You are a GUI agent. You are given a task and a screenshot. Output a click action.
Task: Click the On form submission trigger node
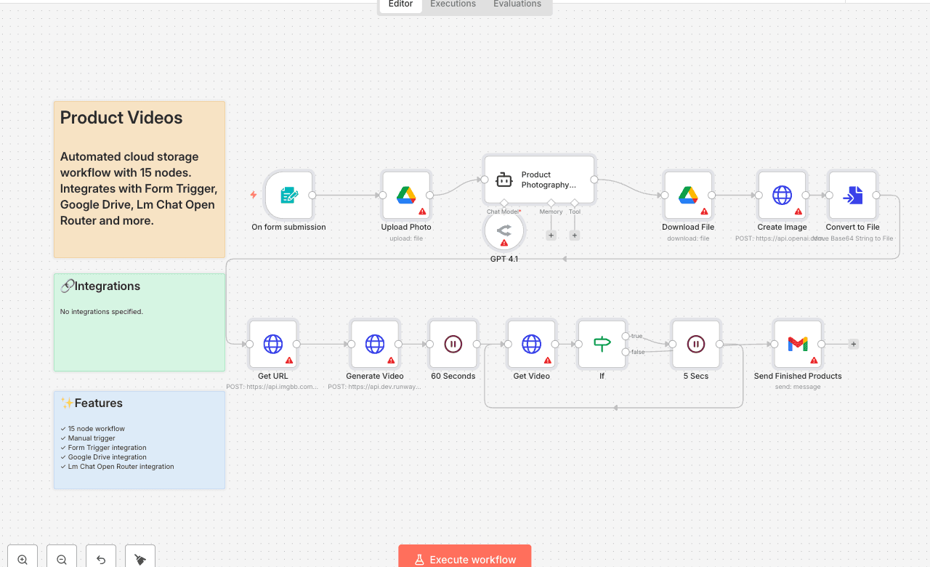tap(288, 196)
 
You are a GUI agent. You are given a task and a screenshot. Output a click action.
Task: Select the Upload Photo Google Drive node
tap(406, 196)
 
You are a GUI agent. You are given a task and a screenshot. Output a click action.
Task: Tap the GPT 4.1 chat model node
tap(504, 231)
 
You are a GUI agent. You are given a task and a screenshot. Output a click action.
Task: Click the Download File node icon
tap(688, 196)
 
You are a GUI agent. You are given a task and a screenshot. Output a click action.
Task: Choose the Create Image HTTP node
tap(782, 196)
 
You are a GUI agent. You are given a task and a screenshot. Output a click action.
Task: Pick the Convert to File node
tap(852, 196)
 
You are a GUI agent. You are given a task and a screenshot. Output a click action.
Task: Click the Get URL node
tap(273, 344)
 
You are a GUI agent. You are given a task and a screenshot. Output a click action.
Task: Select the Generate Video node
tap(375, 344)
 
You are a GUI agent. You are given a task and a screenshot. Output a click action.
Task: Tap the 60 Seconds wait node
tap(453, 344)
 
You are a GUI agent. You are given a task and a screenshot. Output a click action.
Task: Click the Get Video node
tap(531, 344)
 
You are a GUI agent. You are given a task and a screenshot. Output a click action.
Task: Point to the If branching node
tap(602, 344)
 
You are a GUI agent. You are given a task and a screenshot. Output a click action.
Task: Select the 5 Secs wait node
tap(696, 344)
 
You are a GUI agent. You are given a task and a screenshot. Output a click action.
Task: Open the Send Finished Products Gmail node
tap(798, 344)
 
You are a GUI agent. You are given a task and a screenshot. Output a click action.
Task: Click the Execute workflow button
tap(465, 559)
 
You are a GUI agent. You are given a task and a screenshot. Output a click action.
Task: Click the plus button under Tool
tap(575, 236)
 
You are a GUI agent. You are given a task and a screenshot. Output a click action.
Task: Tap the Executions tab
tap(453, 4)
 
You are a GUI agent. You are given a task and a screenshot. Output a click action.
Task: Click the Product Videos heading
tap(121, 118)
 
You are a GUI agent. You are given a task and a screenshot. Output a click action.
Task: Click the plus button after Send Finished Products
tap(854, 344)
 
